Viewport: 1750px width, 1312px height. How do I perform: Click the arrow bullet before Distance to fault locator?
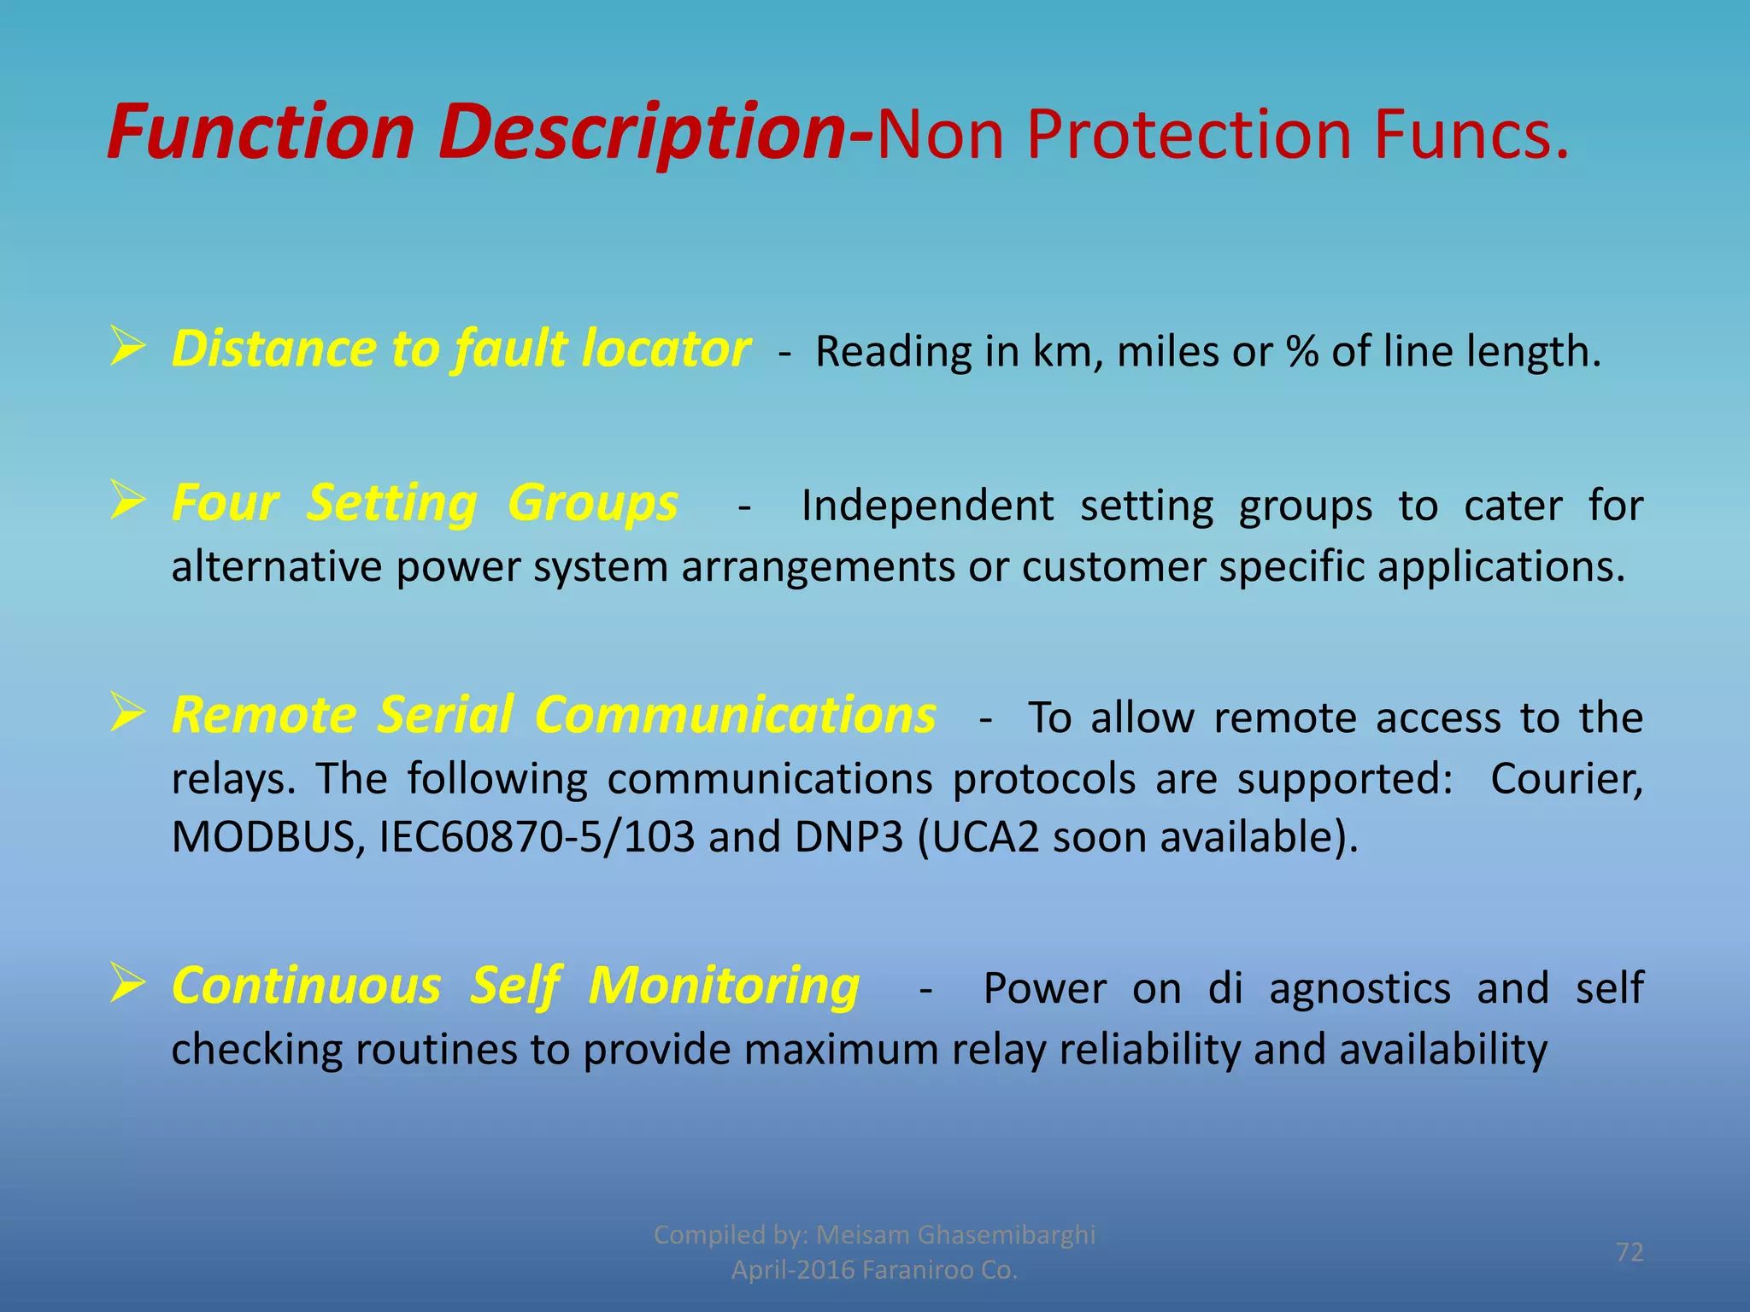[127, 348]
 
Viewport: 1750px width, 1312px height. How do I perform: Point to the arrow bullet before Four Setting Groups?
[127, 501]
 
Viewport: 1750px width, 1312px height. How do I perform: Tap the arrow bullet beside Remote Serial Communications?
[127, 714]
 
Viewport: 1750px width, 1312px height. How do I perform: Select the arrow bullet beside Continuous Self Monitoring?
[127, 984]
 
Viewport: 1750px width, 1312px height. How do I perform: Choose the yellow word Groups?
[593, 504]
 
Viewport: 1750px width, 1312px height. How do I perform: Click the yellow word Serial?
[446, 715]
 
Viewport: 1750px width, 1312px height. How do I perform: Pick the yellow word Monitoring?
[724, 987]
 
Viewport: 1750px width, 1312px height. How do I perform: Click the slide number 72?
[1630, 1252]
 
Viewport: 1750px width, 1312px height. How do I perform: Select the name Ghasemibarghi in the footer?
[1006, 1234]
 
